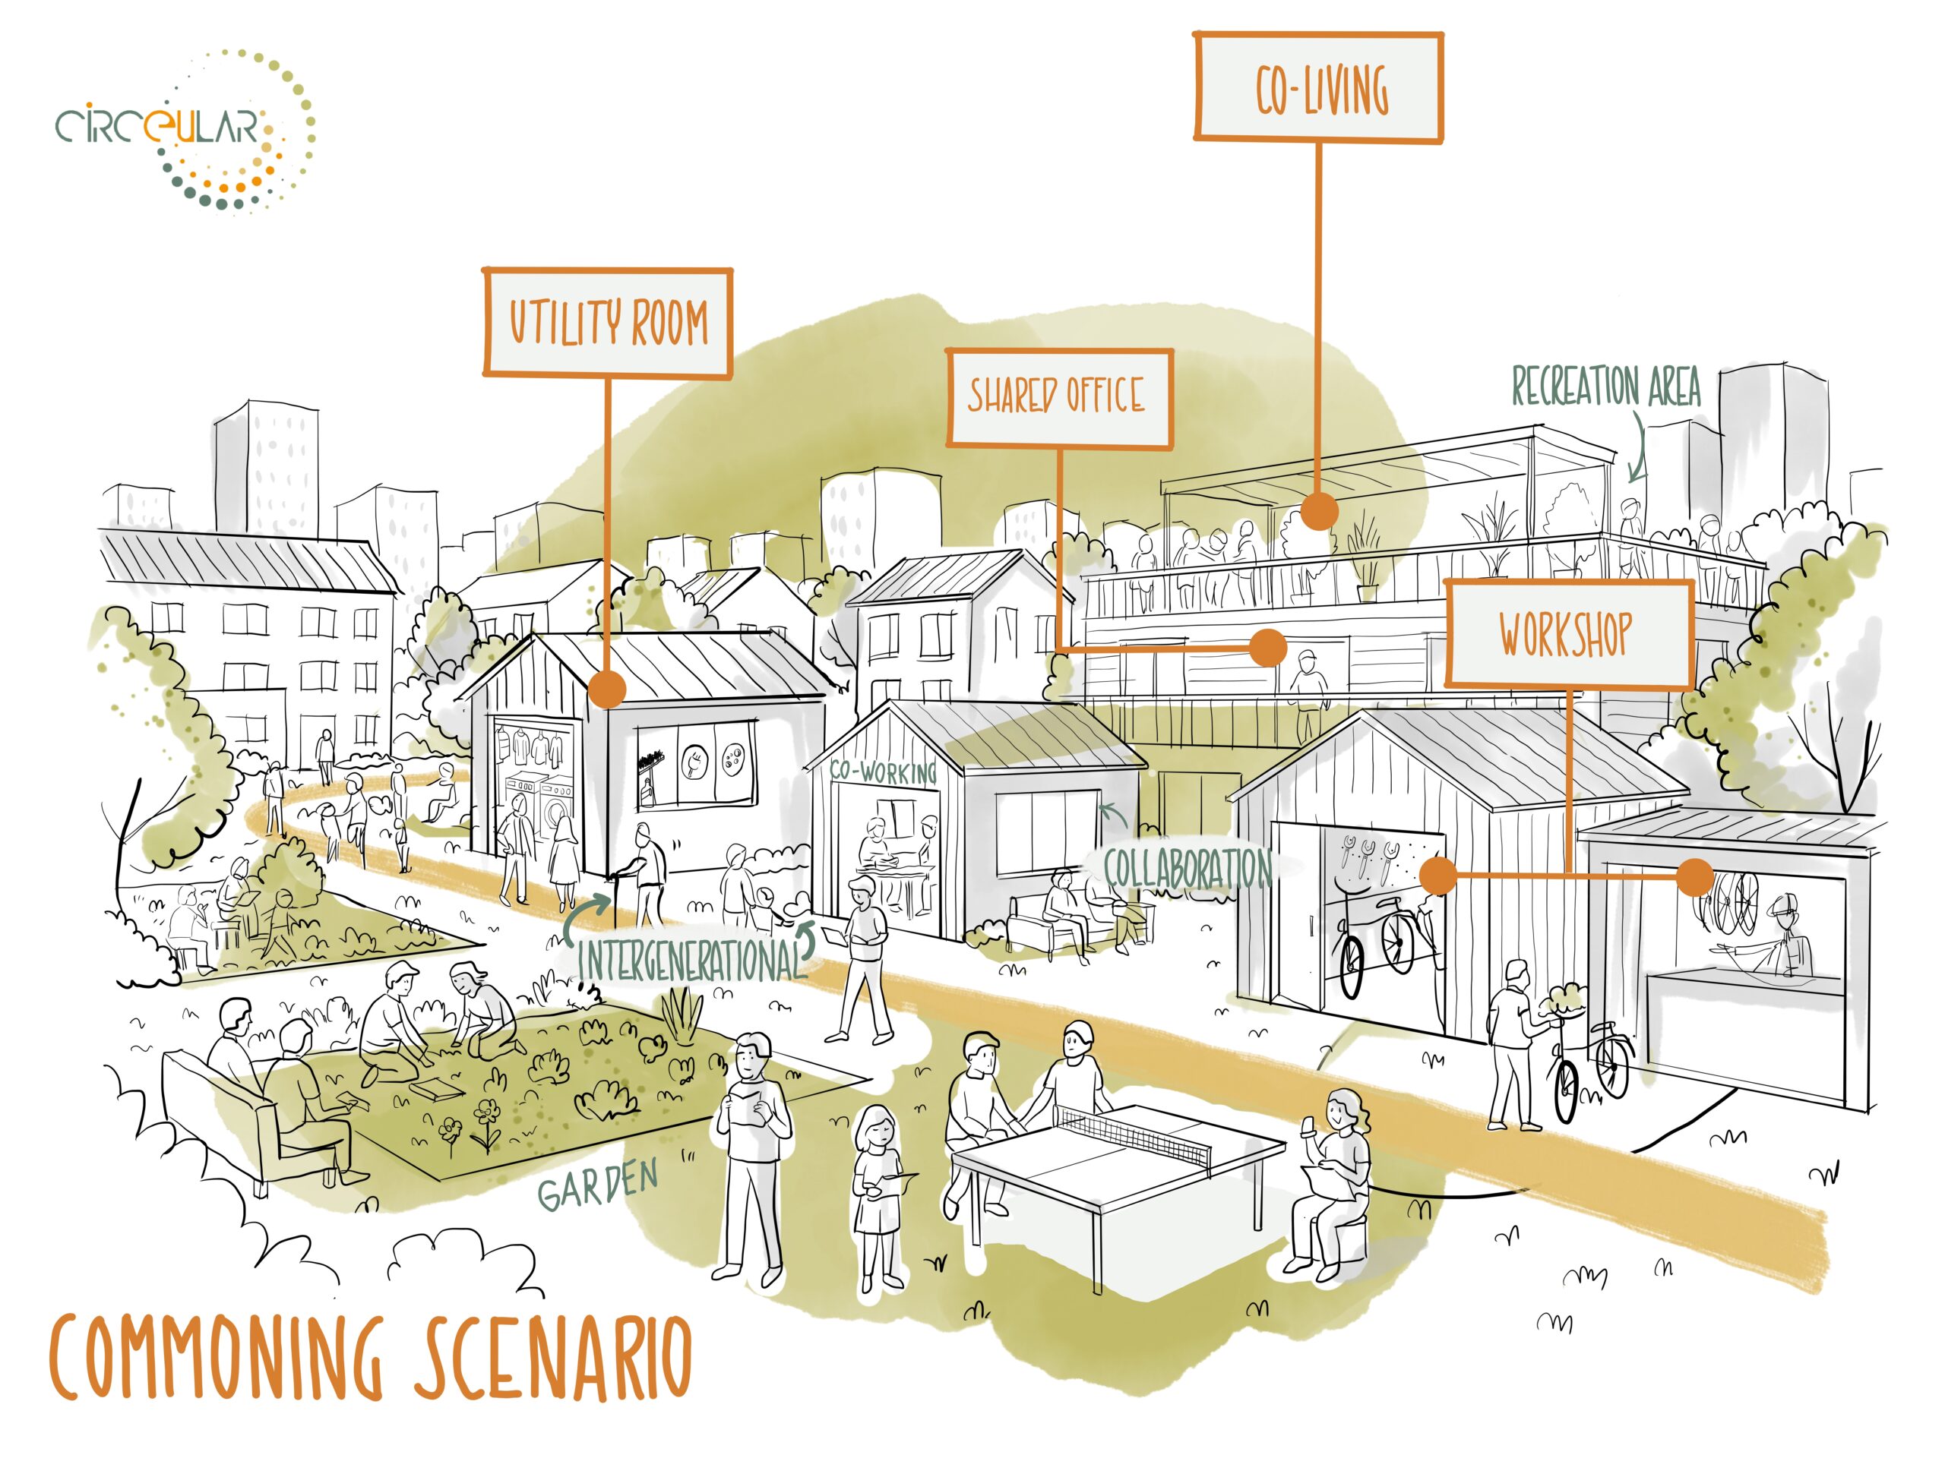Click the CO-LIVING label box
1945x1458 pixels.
click(x=1317, y=88)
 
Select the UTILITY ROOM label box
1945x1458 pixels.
click(x=608, y=323)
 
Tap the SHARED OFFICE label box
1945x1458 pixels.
click(x=1058, y=397)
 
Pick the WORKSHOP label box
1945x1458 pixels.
click(x=1569, y=633)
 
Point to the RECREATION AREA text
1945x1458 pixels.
click(x=1605, y=387)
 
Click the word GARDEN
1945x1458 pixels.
click(x=598, y=1186)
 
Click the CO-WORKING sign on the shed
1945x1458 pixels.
click(x=884, y=772)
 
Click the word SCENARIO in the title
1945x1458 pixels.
click(x=552, y=1358)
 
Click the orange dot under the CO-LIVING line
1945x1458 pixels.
click(x=1318, y=510)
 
